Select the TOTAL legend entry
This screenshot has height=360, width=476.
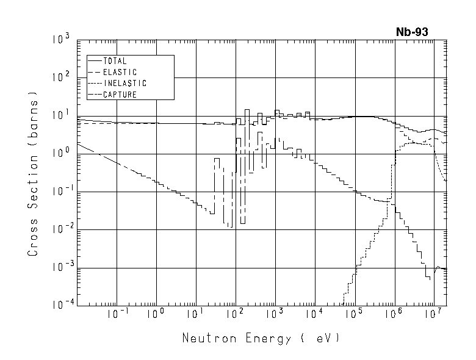(114, 61)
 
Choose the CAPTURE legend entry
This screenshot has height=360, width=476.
(119, 95)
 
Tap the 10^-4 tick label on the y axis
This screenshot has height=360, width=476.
(60, 306)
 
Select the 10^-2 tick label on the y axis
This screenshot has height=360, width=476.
(60, 230)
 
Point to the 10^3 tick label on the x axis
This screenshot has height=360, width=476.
(274, 315)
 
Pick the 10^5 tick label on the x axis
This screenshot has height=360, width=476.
(353, 315)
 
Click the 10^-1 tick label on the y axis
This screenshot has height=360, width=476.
(60, 192)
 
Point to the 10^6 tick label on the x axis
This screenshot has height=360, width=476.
(393, 315)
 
